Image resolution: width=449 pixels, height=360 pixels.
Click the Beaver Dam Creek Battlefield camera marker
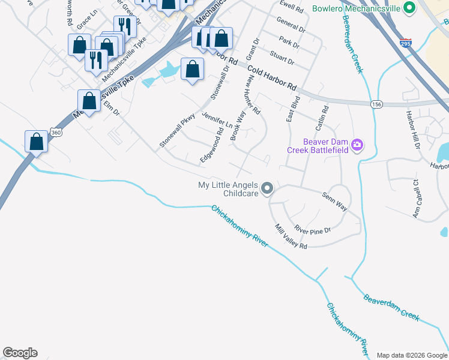[x=357, y=145]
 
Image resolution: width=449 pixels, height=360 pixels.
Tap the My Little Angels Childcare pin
[x=268, y=189]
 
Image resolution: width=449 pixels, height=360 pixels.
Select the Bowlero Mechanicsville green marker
[x=409, y=8]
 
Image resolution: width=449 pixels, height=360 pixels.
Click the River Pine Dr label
[x=312, y=229]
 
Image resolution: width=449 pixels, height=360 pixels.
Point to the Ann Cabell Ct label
[x=414, y=198]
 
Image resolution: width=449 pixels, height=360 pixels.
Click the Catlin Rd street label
[x=325, y=119]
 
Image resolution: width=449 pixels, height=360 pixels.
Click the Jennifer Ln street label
[x=217, y=120]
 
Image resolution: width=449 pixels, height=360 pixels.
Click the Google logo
[x=20, y=353]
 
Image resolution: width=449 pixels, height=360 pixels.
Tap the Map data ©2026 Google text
[x=411, y=355]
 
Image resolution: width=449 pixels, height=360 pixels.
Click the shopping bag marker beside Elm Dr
[x=89, y=101]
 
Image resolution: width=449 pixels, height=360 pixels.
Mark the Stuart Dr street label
[x=282, y=58]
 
